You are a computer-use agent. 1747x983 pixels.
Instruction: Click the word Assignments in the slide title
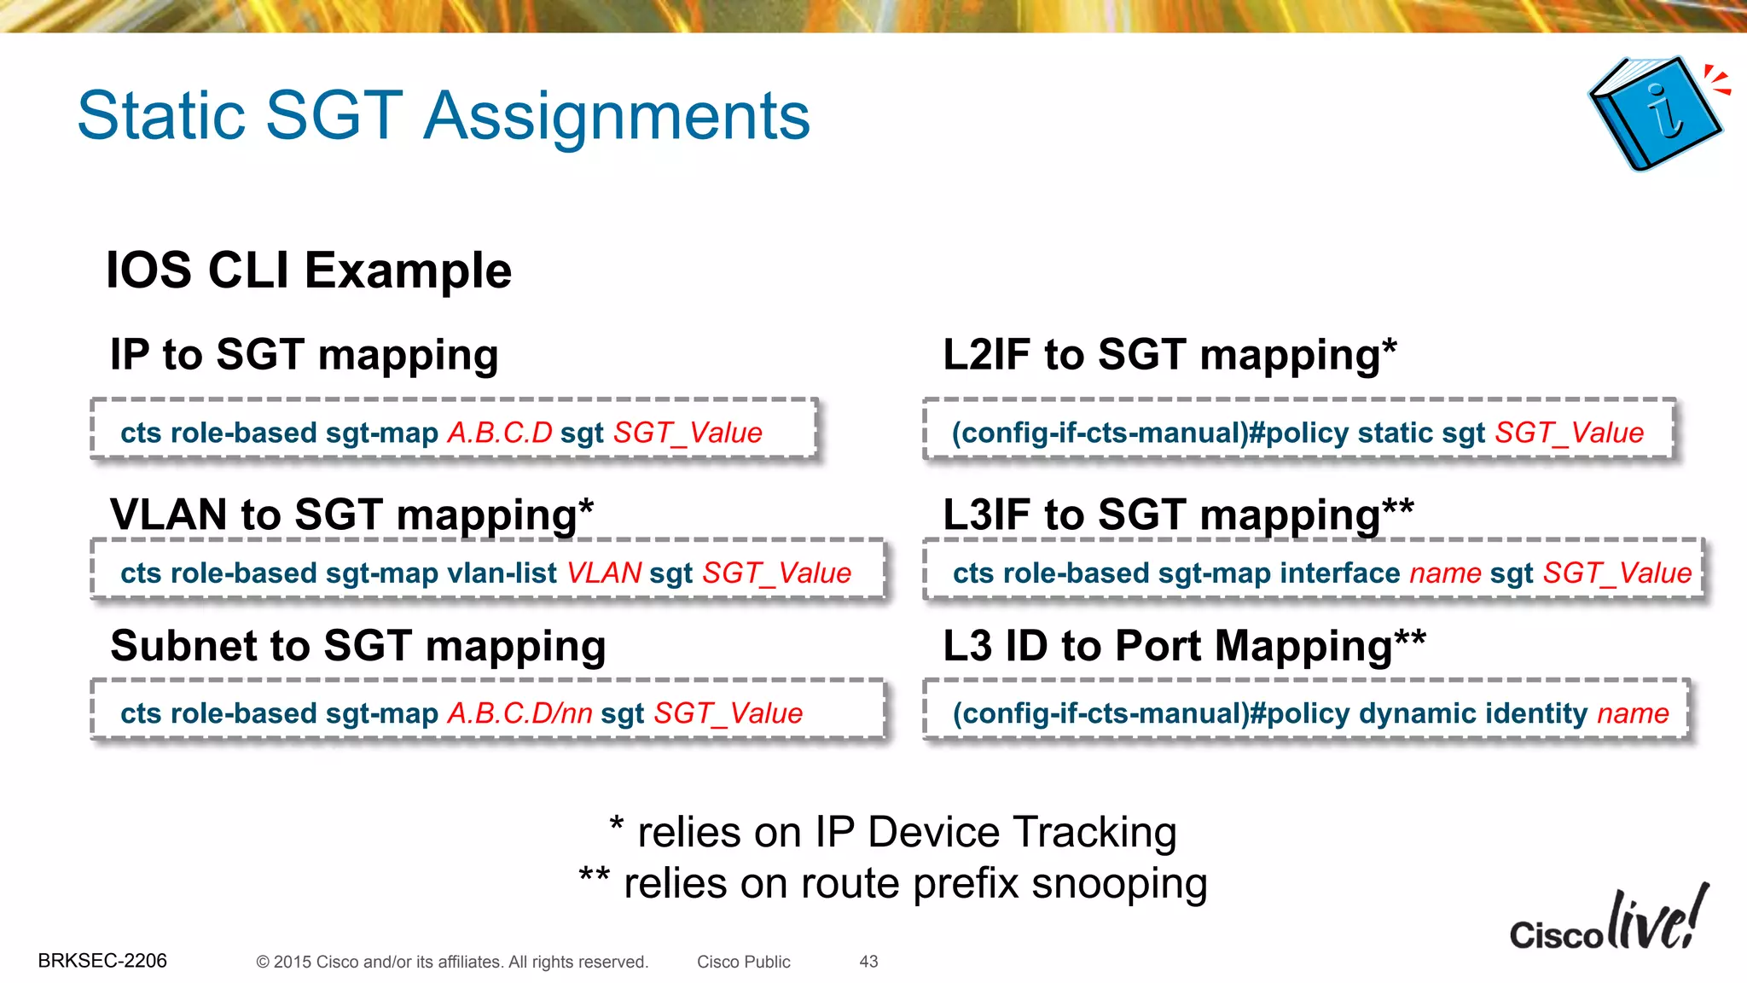616,116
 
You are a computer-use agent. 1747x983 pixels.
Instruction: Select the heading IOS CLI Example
309,270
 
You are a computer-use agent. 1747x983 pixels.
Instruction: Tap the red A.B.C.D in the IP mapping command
500,433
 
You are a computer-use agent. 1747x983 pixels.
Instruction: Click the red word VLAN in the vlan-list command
604,573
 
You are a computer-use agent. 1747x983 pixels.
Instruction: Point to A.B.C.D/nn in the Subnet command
519,713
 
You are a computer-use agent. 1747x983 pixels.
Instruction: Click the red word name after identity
1633,713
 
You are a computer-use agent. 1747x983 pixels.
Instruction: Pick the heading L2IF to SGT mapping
1169,355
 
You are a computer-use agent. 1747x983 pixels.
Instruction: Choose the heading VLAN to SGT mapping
351,515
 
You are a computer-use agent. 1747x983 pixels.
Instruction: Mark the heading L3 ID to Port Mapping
1183,646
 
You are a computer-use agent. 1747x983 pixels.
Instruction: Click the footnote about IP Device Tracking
893,832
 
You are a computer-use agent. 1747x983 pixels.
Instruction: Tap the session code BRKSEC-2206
102,961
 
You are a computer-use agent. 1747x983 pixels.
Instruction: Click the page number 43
868,962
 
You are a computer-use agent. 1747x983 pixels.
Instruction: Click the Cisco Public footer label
743,962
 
